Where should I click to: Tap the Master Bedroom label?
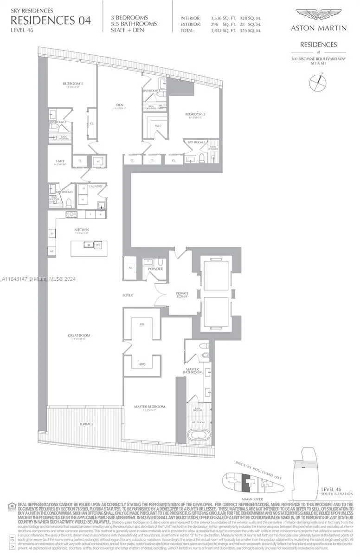149,407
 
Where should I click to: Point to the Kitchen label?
82,230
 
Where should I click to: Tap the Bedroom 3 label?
72,84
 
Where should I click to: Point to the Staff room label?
59,162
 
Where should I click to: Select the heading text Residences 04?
51,20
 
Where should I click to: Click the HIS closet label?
142,324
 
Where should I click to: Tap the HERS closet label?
142,365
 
